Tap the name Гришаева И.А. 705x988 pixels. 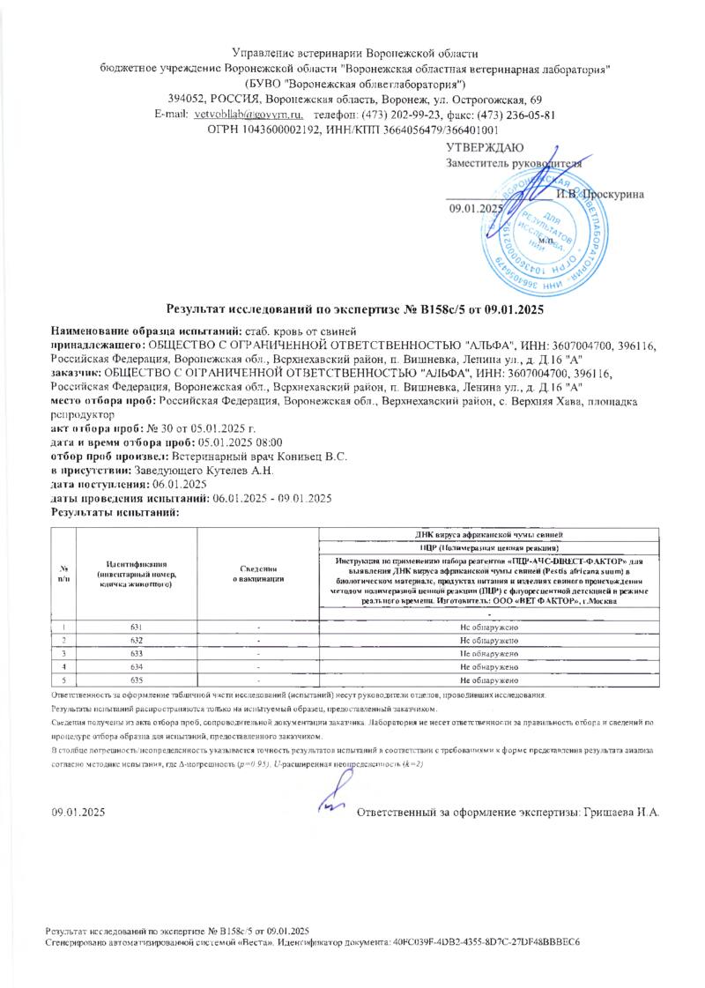[622, 811]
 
